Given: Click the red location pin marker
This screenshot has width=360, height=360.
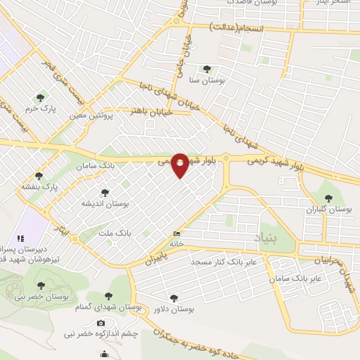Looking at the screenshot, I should click(181, 165).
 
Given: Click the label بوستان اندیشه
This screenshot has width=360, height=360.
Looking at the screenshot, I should click(105, 202).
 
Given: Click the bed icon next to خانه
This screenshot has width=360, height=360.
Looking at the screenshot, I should click(175, 234).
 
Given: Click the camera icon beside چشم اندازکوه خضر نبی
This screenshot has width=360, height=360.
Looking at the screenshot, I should click(101, 322).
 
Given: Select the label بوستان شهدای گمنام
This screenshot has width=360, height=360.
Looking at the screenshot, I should click(108, 307).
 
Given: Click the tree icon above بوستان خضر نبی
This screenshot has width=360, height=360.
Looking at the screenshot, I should click(41, 285).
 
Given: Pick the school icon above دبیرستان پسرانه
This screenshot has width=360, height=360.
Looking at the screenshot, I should click(20, 239).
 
